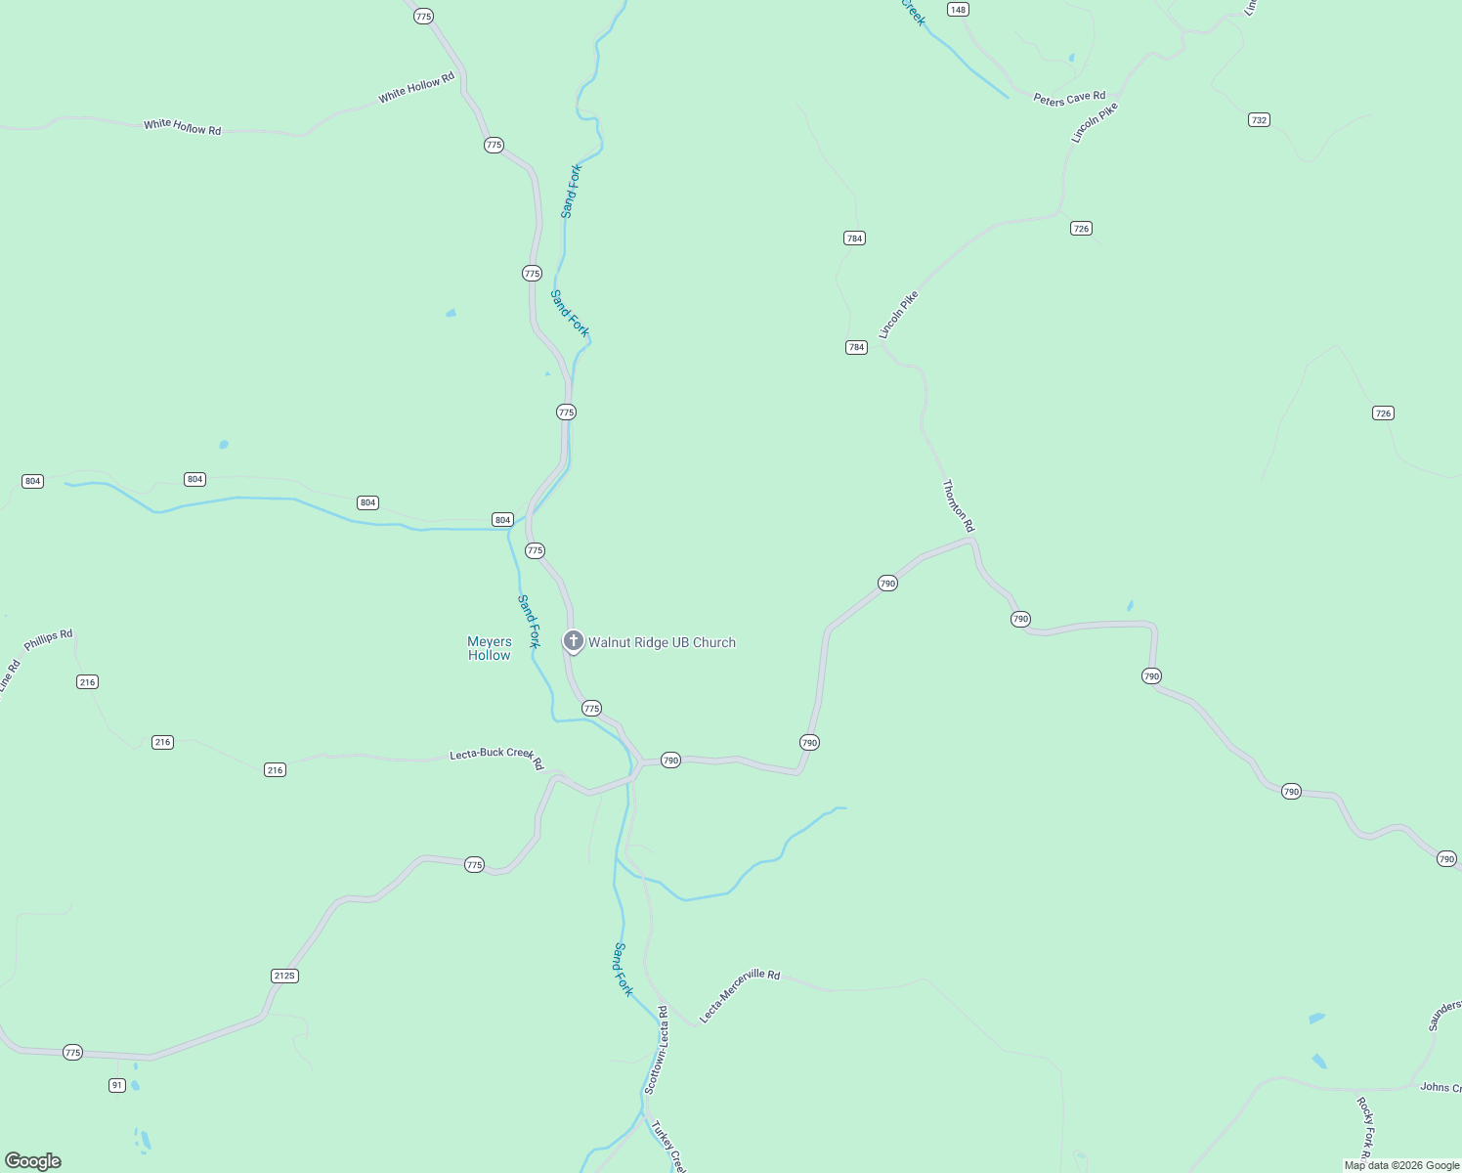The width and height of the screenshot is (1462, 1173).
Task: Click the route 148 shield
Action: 958,10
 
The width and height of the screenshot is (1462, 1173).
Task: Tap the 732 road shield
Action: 1259,120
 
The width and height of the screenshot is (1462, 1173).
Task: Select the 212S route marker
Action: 284,976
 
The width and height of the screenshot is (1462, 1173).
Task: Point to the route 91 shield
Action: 117,1085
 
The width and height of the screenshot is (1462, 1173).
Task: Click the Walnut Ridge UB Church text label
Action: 662,642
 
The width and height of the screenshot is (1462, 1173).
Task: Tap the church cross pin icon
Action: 574,641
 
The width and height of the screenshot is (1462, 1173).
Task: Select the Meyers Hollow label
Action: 490,648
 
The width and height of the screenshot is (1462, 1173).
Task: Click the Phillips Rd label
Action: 49,640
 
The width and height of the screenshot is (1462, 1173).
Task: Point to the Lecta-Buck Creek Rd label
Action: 495,758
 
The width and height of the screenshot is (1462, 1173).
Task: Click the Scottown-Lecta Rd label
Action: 656,1051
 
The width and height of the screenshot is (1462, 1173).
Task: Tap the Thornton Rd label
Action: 958,505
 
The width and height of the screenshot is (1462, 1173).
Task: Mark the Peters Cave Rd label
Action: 1069,98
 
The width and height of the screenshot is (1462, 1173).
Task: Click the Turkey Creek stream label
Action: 669,1147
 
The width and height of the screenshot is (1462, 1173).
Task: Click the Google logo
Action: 33,1161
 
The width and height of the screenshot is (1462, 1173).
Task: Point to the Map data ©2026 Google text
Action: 1401,1165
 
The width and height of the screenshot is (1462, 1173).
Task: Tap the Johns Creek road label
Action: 1440,1087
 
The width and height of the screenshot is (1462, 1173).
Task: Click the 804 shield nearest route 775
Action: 502,520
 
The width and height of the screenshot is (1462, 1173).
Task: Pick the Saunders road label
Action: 1444,1015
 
